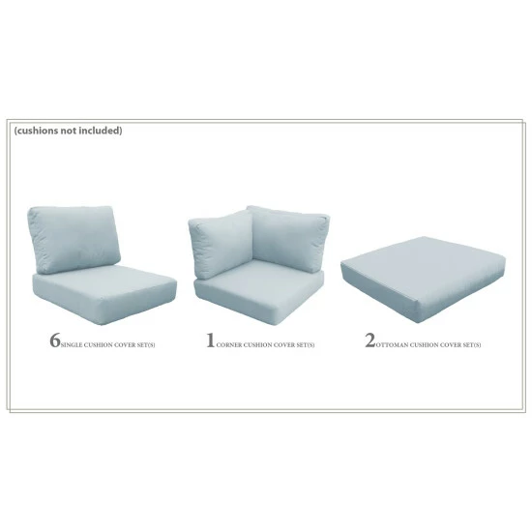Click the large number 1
210,341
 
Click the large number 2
369,341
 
